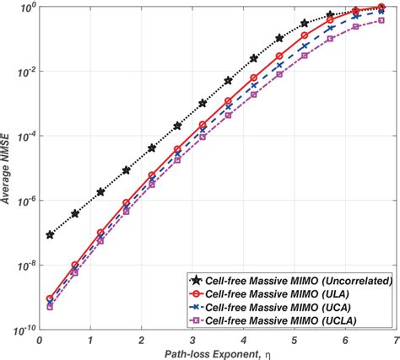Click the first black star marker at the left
[51, 234]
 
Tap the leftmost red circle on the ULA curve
[51, 298]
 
